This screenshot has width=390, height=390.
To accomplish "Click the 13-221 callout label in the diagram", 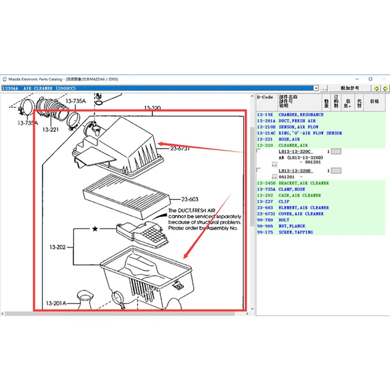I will [50, 129].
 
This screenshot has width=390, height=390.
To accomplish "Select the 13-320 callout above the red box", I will [152, 108].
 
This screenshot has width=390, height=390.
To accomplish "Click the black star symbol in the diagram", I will [95, 228].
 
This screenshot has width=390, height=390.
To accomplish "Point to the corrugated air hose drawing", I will [52, 113].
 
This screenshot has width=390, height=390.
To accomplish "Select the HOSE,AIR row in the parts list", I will [289, 139].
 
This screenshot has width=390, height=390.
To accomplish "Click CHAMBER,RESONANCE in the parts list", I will [301, 115].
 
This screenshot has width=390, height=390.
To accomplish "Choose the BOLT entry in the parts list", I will [285, 220].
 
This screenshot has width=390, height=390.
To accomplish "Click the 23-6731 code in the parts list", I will [266, 214].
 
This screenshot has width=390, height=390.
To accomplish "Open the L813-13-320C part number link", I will [296, 151].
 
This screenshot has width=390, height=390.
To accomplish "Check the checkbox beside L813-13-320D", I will [260, 170].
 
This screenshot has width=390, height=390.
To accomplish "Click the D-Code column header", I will [264, 96].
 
